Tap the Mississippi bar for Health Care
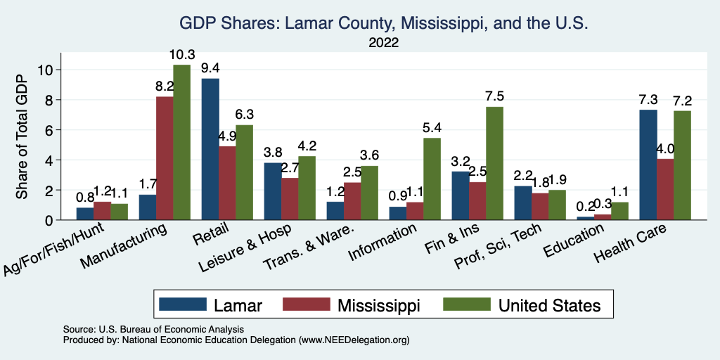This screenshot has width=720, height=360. click(645, 190)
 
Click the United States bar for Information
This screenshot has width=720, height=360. click(432, 179)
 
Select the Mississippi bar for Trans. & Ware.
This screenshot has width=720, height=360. click(352, 201)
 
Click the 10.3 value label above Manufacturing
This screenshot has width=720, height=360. click(181, 55)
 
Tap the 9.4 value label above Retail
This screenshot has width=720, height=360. click(210, 68)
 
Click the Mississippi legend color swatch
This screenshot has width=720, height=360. click(306, 304)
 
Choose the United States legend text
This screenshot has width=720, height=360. click(549, 305)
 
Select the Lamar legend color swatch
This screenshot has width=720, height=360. click(183, 304)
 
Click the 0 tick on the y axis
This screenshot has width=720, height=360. click(49, 220)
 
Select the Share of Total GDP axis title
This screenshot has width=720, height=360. click(22, 136)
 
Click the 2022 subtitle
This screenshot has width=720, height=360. click(383, 43)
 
